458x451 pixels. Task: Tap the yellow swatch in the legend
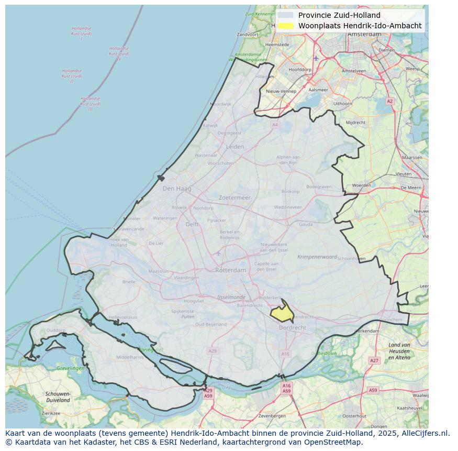(286, 25)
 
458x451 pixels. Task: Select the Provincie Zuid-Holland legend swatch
(286, 15)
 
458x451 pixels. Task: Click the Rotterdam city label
(230, 270)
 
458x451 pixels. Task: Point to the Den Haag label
(177, 189)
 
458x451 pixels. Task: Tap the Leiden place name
(234, 147)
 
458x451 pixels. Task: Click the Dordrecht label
(293, 327)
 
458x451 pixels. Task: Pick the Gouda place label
(306, 224)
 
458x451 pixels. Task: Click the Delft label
(192, 224)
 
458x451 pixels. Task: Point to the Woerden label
(361, 185)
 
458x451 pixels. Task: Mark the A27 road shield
(374, 361)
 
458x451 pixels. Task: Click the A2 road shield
(389, 101)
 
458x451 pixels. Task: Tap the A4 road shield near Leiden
(275, 125)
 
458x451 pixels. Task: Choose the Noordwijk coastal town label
(220, 104)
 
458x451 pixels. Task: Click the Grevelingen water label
(71, 368)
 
